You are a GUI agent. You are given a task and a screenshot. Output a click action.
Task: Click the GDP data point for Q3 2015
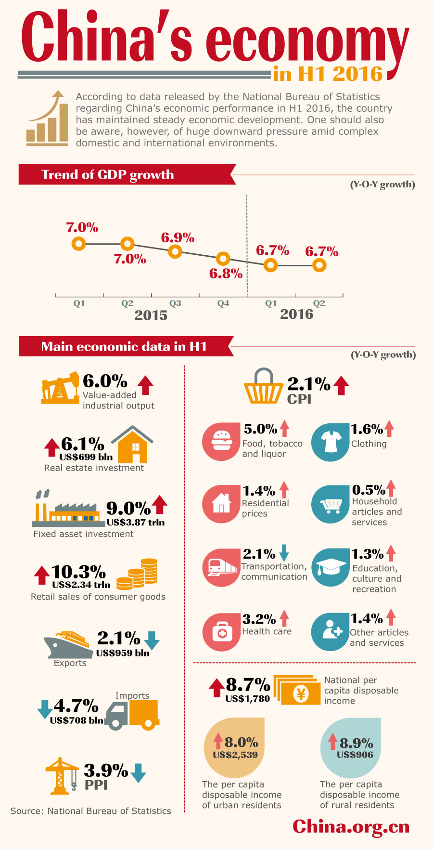pyautogui.click(x=175, y=251)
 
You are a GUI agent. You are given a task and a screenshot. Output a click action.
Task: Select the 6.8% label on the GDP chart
pyautogui.click(x=226, y=274)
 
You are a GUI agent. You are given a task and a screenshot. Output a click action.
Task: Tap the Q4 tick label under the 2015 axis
pyautogui.click(x=223, y=303)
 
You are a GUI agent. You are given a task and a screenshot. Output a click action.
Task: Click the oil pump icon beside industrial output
pyautogui.click(x=60, y=388)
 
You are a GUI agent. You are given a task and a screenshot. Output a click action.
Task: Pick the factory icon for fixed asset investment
pyautogui.click(x=67, y=510)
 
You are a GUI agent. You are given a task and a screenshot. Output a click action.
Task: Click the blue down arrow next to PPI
pyautogui.click(x=139, y=772)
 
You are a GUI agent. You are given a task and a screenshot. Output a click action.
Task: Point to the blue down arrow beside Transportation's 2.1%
pyautogui.click(x=284, y=553)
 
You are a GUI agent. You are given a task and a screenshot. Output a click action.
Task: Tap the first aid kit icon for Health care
pyautogui.click(x=222, y=632)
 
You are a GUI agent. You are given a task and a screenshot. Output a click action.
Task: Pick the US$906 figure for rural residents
pyautogui.click(x=355, y=755)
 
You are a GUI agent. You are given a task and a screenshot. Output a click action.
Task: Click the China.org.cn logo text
pyautogui.click(x=351, y=826)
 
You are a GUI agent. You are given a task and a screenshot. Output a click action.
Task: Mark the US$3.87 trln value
pyautogui.click(x=136, y=523)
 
